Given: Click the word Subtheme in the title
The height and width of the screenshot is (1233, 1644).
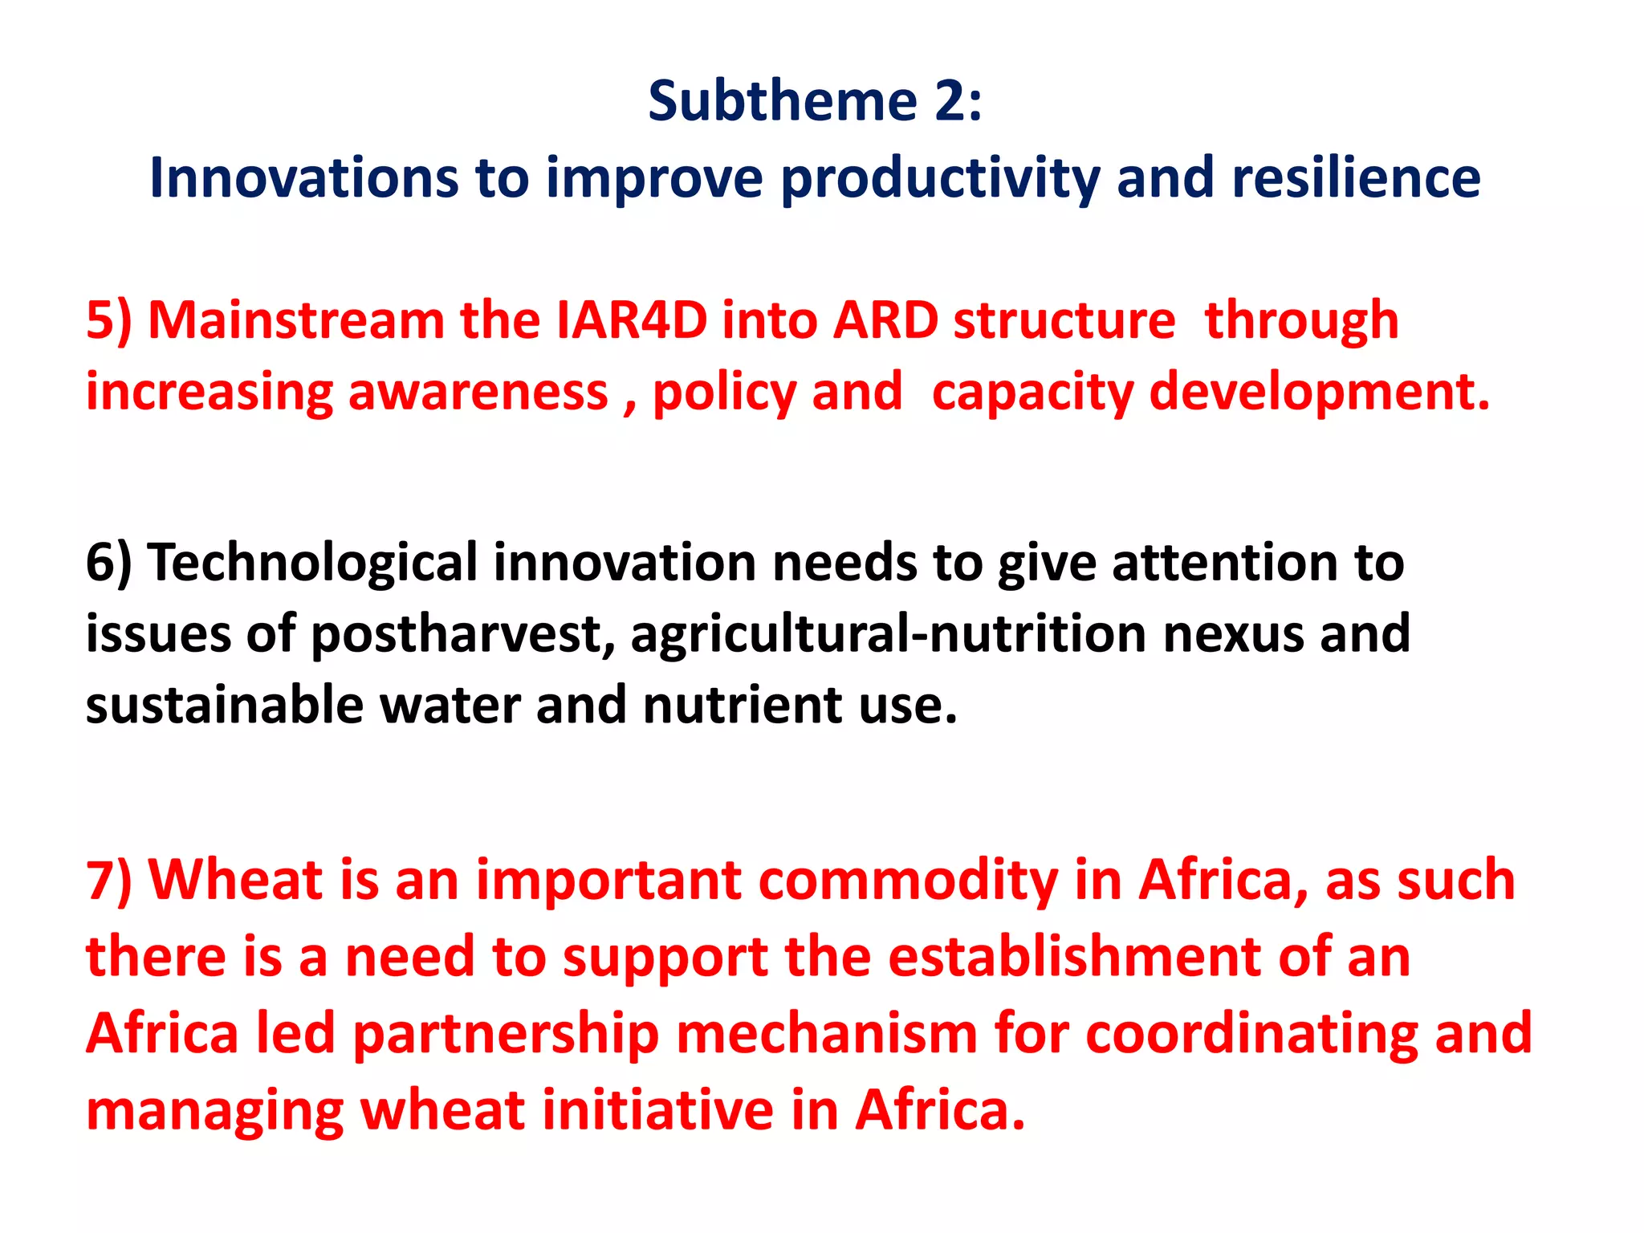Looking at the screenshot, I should pyautogui.click(x=782, y=102).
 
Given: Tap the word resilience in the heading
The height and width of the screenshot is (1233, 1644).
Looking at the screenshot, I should pyautogui.click(x=1356, y=177).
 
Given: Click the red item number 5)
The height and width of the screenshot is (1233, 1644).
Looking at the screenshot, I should pyautogui.click(x=109, y=320).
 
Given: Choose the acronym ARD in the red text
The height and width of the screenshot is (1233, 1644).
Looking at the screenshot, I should pyautogui.click(x=885, y=320).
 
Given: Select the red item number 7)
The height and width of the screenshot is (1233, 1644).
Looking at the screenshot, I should pyautogui.click(x=109, y=880).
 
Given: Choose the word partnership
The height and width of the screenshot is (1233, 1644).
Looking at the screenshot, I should pyautogui.click(x=506, y=1034).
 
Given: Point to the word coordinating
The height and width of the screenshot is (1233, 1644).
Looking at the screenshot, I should pyautogui.click(x=1251, y=1034).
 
